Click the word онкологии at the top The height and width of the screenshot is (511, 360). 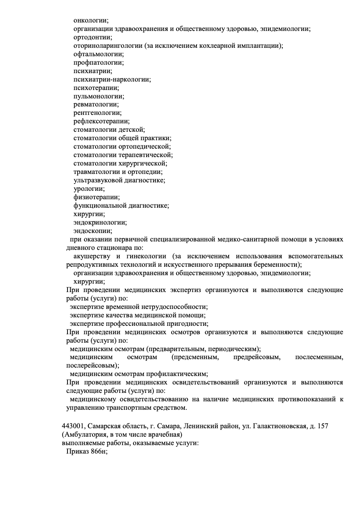tap(90, 20)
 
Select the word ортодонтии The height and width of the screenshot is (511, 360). tap(92, 37)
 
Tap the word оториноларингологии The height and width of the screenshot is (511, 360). tap(108, 46)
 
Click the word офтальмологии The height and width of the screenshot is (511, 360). tap(98, 54)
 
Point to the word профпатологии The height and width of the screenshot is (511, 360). tap(98, 63)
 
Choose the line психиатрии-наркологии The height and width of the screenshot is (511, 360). tap(112, 80)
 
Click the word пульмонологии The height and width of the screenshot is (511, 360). tap(98, 96)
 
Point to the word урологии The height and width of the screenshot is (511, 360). tap(88, 189)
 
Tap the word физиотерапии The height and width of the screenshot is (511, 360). tap(96, 197)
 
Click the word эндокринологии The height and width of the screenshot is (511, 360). tap(100, 223)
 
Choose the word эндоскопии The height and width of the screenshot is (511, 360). tap(92, 231)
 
